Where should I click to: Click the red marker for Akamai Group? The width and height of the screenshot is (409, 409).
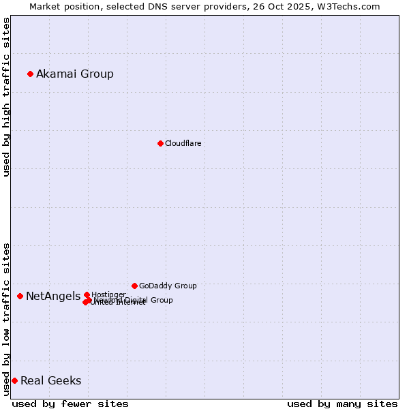pyautogui.click(x=30, y=74)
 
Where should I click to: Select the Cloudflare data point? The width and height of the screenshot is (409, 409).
pyautogui.click(x=160, y=143)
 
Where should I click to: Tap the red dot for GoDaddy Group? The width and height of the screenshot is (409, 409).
pyautogui.click(x=134, y=286)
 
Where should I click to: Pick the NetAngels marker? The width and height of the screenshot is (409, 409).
pyautogui.click(x=20, y=296)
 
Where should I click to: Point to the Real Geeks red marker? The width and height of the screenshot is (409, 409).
pyautogui.click(x=14, y=380)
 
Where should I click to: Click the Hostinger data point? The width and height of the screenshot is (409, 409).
pyautogui.click(x=87, y=294)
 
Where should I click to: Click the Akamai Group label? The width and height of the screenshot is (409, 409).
pyautogui.click(x=75, y=74)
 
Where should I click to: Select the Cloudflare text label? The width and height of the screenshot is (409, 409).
pyautogui.click(x=183, y=143)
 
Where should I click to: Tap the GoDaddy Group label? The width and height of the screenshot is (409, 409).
pyautogui.click(x=168, y=286)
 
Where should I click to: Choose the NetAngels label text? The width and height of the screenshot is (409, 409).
pyautogui.click(x=52, y=296)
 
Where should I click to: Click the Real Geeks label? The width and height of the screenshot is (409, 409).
pyautogui.click(x=50, y=380)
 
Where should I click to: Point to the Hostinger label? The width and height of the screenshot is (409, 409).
pyautogui.click(x=108, y=294)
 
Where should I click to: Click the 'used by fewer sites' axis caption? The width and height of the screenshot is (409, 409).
pyautogui.click(x=70, y=404)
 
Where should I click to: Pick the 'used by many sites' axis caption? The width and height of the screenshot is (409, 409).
pyautogui.click(x=342, y=404)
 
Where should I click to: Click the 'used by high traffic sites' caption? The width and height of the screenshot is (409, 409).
pyautogui.click(x=6, y=97)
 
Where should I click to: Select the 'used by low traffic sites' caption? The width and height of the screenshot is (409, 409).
pyautogui.click(x=6, y=318)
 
